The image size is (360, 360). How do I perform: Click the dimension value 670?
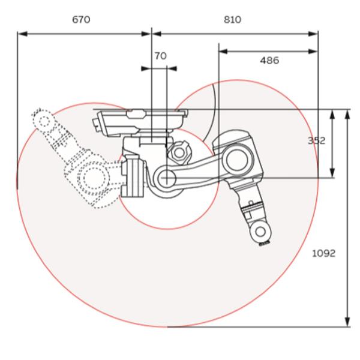tap(81, 20)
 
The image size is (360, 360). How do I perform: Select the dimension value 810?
tap(232, 20)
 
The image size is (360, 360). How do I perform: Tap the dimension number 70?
tap(160, 56)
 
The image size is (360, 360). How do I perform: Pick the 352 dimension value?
tap(316, 140)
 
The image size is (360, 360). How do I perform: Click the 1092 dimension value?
tap(323, 253)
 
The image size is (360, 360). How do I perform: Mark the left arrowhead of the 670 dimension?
tap(21, 34)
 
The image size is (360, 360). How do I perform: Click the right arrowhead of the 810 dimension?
tap(314, 34)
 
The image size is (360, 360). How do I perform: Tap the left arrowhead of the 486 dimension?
tap(223, 51)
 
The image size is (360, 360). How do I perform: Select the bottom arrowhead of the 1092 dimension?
tap(347, 323)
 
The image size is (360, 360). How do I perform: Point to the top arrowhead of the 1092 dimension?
tap(347, 113)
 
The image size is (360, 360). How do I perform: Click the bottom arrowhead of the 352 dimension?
tap(333, 175)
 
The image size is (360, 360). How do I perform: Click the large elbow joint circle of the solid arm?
tap(236, 160)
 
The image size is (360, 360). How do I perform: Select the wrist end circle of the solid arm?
tap(259, 230)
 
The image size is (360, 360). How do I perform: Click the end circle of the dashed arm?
tap(43, 119)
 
